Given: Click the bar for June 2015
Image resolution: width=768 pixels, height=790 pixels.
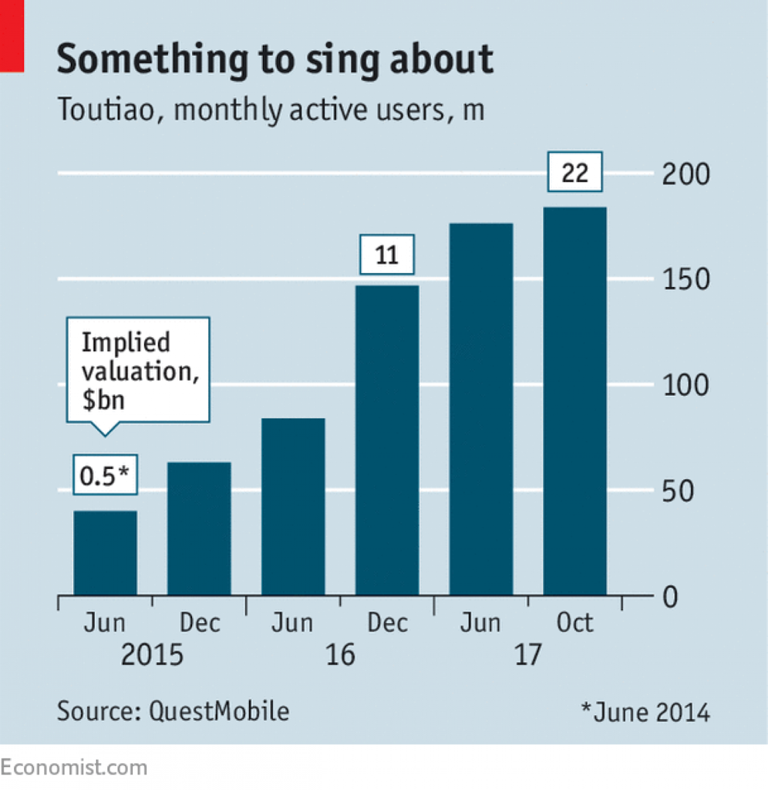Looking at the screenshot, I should [x=105, y=552].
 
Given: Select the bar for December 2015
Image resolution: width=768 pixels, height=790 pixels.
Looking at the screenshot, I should [x=199, y=528].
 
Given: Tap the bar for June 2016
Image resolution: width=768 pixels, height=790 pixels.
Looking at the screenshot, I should [x=293, y=506].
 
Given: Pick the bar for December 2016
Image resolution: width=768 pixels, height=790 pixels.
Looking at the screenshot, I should [x=387, y=440].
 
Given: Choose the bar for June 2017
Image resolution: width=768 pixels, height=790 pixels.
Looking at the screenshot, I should [x=481, y=409].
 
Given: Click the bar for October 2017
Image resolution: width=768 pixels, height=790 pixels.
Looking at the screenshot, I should [x=574, y=401].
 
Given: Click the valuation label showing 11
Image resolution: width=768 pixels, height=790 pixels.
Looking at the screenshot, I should [x=387, y=255].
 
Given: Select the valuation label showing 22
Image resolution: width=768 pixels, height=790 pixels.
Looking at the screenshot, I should [x=574, y=174].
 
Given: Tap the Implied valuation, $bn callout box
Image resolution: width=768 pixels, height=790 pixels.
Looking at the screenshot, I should [x=138, y=370].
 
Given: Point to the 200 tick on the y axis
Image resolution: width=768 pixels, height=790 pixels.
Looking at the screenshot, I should [x=685, y=175].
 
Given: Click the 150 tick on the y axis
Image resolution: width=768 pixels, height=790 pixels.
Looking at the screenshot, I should [x=685, y=280].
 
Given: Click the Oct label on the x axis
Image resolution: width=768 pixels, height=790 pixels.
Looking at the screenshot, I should [x=574, y=622].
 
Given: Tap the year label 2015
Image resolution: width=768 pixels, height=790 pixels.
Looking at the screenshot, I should [x=152, y=656].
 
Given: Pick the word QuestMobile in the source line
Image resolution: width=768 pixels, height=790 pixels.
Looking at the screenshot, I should [x=219, y=711].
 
